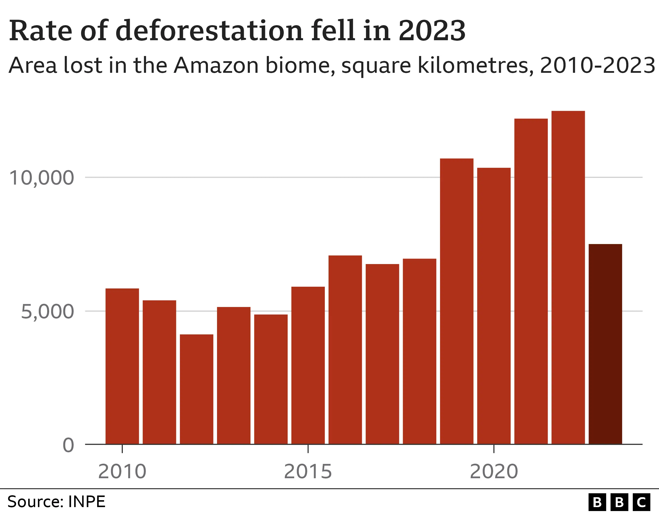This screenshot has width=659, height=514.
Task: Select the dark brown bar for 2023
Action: (605, 344)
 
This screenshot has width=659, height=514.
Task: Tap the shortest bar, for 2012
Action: (197, 389)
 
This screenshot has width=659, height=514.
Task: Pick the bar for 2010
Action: (122, 366)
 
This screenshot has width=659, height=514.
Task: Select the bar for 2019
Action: (457, 301)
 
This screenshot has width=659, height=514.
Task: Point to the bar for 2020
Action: (494, 305)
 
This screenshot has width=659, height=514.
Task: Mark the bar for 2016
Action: (345, 349)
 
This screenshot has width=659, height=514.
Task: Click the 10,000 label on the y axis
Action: (42, 178)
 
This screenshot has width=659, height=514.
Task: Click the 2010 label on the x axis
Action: (122, 472)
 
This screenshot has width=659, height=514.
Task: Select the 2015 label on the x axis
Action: (308, 472)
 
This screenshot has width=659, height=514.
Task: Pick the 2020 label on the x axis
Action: (494, 472)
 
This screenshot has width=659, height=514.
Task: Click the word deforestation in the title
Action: (209, 31)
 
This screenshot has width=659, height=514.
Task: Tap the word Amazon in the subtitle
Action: (216, 65)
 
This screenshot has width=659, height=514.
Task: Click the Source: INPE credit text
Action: (56, 502)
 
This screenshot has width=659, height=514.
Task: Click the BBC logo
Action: (619, 502)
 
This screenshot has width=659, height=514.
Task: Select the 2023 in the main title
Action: (432, 31)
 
